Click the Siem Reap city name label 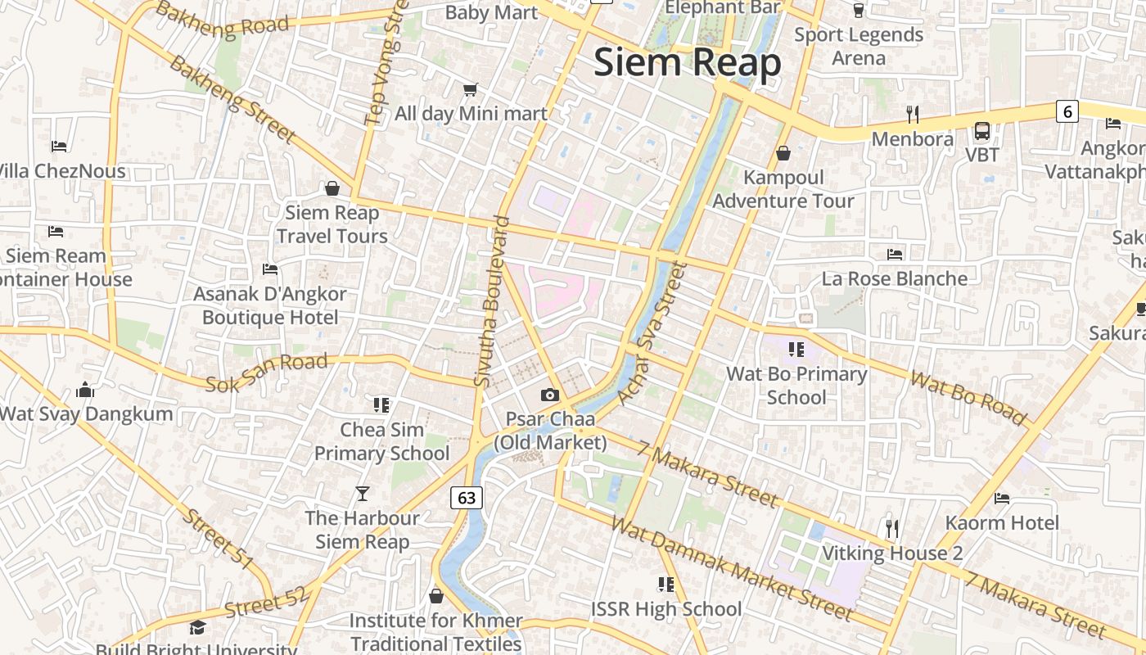click(x=687, y=63)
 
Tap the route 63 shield click(x=467, y=498)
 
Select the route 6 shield click(x=1067, y=111)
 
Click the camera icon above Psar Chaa click(x=549, y=395)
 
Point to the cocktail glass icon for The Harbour click(x=363, y=493)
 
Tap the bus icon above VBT click(x=981, y=131)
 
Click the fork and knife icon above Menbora click(x=913, y=115)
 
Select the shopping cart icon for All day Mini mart click(x=470, y=89)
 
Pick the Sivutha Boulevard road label click(x=491, y=300)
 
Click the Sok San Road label click(x=267, y=372)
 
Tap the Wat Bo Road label click(x=968, y=399)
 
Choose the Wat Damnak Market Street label click(x=732, y=567)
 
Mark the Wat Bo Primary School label click(x=796, y=386)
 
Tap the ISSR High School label click(x=666, y=609)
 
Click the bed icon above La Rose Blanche click(x=895, y=255)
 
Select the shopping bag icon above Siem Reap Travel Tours click(x=332, y=189)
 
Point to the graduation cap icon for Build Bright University click(x=197, y=628)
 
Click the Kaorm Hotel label click(x=1002, y=522)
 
